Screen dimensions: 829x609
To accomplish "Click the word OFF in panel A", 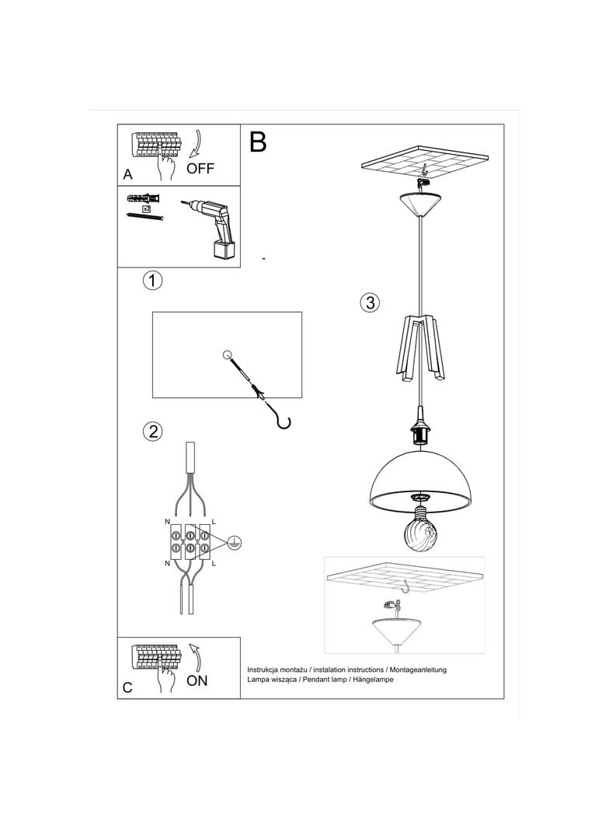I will [x=200, y=168].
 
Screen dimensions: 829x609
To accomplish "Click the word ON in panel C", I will [x=197, y=680].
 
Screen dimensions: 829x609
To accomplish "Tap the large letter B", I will [x=258, y=142].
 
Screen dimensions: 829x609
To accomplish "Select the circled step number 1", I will [x=153, y=281].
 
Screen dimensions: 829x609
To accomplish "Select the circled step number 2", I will [x=153, y=431].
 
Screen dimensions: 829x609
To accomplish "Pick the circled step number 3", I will [x=371, y=303].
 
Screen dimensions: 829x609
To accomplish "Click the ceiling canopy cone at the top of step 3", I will [x=422, y=205].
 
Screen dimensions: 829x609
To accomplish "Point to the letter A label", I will [x=128, y=175].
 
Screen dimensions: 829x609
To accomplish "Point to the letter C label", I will [x=128, y=687].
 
